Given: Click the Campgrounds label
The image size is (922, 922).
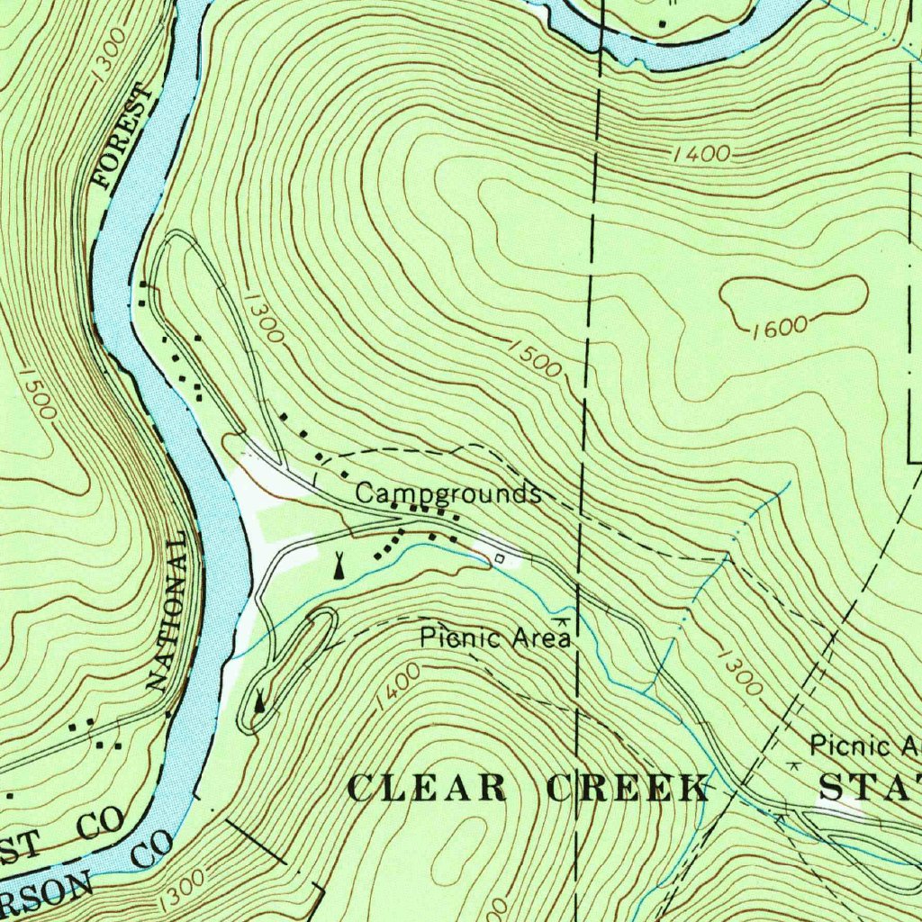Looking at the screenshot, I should [447, 493].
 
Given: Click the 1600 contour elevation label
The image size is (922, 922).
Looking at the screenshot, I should [779, 327].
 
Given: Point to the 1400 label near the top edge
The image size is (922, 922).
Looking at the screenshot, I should [701, 155].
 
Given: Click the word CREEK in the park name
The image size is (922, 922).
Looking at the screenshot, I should [628, 788].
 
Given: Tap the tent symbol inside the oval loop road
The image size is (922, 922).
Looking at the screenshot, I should [260, 701].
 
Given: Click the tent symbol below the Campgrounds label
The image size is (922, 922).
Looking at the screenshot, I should [339, 565].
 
